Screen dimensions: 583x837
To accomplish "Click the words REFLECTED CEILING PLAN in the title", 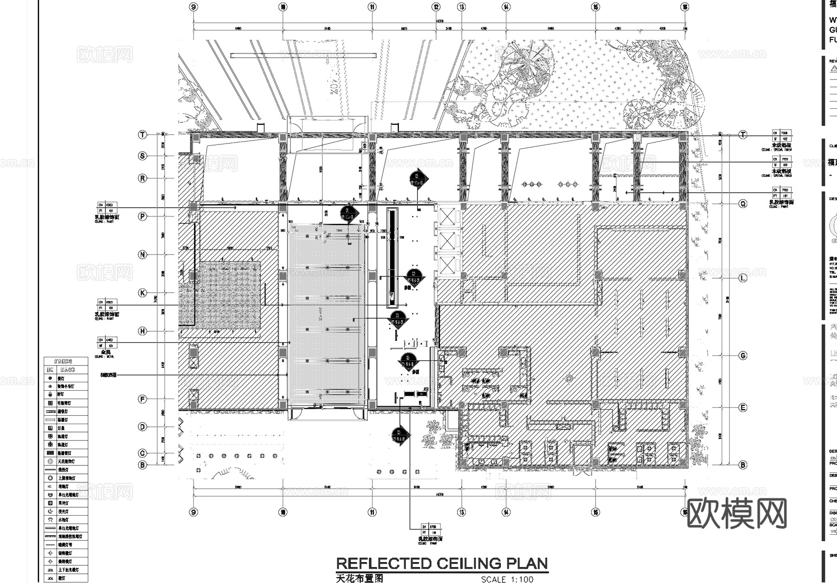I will coord(442,563).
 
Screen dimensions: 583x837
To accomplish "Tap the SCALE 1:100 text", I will coord(507,579).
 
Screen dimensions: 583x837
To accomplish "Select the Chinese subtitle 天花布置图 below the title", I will coord(359,578).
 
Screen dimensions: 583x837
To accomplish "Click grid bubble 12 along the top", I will coord(436,7).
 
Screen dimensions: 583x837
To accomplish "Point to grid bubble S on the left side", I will coord(143,156).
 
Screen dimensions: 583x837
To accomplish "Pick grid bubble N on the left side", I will coord(143,255).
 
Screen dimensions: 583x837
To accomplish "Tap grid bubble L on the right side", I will coord(743,278).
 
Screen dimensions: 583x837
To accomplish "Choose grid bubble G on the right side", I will coord(743,355).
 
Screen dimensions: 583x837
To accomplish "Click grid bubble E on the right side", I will coord(743,407).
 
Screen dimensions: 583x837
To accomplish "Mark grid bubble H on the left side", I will coord(143,331).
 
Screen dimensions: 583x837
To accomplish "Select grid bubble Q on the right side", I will coord(743,203).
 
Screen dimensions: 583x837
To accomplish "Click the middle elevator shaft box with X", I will coord(447,241).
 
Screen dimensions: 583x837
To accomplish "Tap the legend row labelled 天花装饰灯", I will coord(66,461).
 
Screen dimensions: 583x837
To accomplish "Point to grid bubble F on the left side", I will coord(143,399).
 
